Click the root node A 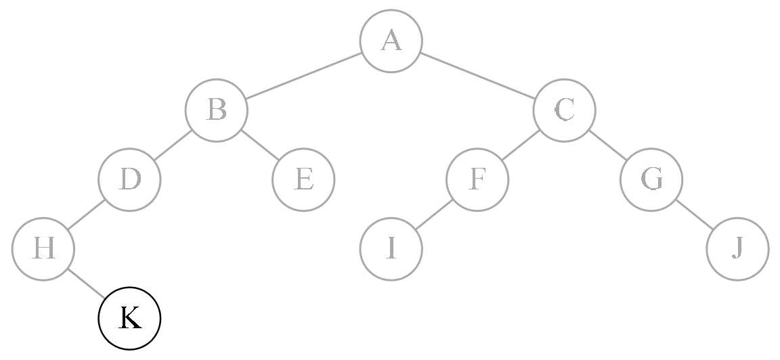391,41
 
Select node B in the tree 216,110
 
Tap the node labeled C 564,110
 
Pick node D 129,180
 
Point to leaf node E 303,180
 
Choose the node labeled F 477,180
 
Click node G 651,180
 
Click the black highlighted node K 129,319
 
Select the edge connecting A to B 303,76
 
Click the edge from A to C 477,76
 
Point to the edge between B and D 173,145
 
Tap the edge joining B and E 259,145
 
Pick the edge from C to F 521,145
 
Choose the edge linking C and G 607,145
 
